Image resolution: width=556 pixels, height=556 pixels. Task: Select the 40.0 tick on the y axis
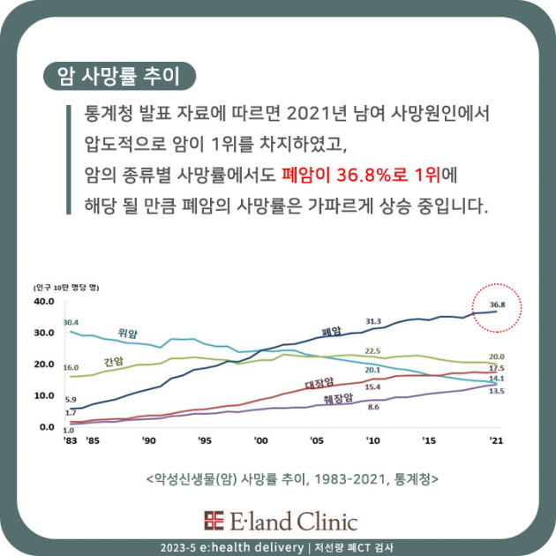click(x=43, y=302)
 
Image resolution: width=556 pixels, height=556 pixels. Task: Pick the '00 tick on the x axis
click(x=260, y=440)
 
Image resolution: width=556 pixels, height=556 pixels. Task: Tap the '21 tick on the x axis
click(x=496, y=440)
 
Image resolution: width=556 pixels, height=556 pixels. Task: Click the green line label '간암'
click(x=113, y=361)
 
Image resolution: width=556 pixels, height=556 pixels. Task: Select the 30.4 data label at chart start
click(x=71, y=322)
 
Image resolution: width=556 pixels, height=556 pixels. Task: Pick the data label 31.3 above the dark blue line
click(x=372, y=321)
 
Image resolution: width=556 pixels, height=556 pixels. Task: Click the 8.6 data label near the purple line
click(x=373, y=407)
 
